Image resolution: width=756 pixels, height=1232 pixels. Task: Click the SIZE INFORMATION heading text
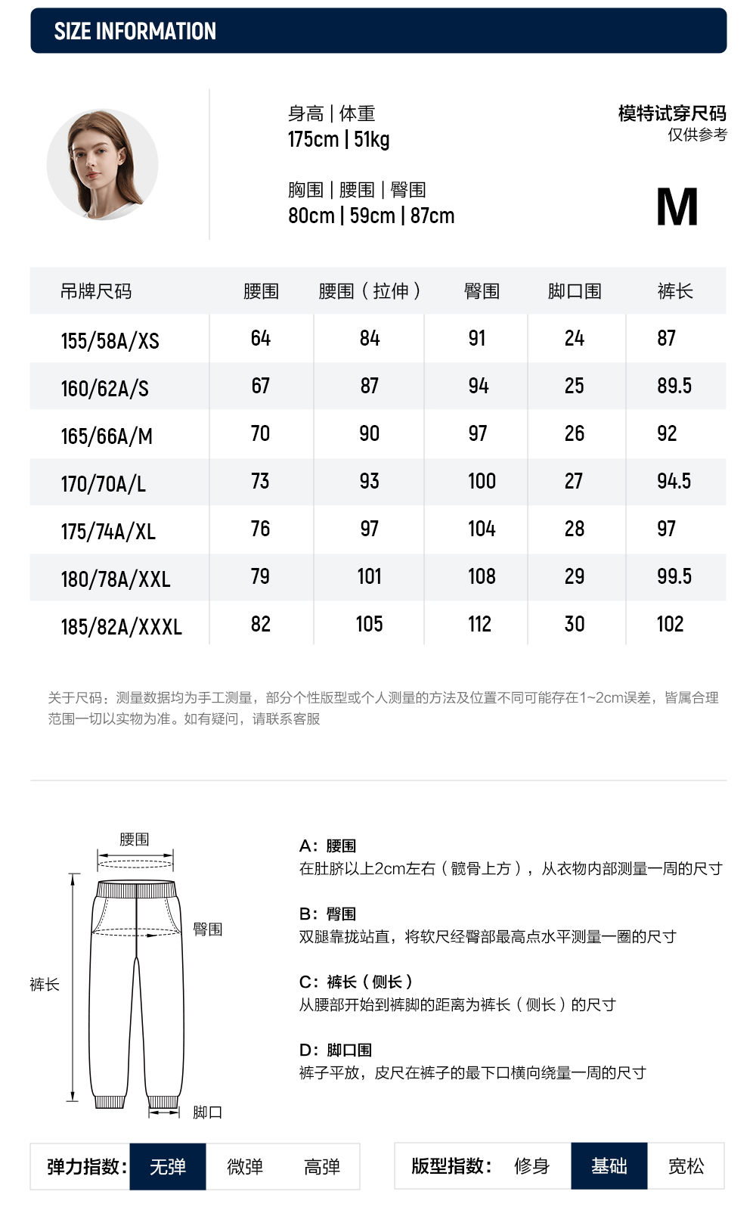pyautogui.click(x=135, y=31)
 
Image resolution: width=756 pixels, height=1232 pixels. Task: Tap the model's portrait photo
pyautogui.click(x=102, y=165)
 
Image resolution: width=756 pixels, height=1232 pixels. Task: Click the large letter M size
pyautogui.click(x=677, y=207)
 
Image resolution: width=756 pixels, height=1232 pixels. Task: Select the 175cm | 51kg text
pyautogui.click(x=338, y=140)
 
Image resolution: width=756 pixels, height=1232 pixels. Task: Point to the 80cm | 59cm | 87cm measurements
pyautogui.click(x=371, y=216)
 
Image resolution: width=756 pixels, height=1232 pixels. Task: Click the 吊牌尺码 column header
pyautogui.click(x=96, y=291)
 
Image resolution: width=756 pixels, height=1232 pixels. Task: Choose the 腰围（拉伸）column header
pyautogui.click(x=369, y=291)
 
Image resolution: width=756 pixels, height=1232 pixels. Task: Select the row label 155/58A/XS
pyautogui.click(x=110, y=341)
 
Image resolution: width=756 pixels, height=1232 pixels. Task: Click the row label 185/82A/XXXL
pyautogui.click(x=121, y=627)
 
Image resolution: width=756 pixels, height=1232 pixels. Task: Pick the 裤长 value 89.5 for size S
pyautogui.click(x=674, y=386)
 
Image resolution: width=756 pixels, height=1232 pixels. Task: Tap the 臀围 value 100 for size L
pyautogui.click(x=482, y=482)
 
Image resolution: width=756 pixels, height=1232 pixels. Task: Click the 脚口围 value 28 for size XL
pyautogui.click(x=574, y=529)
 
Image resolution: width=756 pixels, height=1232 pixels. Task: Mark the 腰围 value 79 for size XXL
pyautogui.click(x=260, y=577)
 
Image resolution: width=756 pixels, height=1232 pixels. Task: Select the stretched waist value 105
pyautogui.click(x=369, y=625)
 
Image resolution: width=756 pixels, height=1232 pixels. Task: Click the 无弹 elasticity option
pyautogui.click(x=168, y=1167)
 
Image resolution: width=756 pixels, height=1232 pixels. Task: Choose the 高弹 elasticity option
pyautogui.click(x=322, y=1167)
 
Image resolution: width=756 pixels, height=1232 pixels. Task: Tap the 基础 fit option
pyautogui.click(x=609, y=1166)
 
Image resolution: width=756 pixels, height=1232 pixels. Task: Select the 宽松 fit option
pyautogui.click(x=686, y=1166)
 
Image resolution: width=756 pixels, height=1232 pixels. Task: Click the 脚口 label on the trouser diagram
pyautogui.click(x=207, y=1113)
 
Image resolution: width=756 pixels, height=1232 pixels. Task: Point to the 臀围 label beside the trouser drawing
pyautogui.click(x=208, y=929)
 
